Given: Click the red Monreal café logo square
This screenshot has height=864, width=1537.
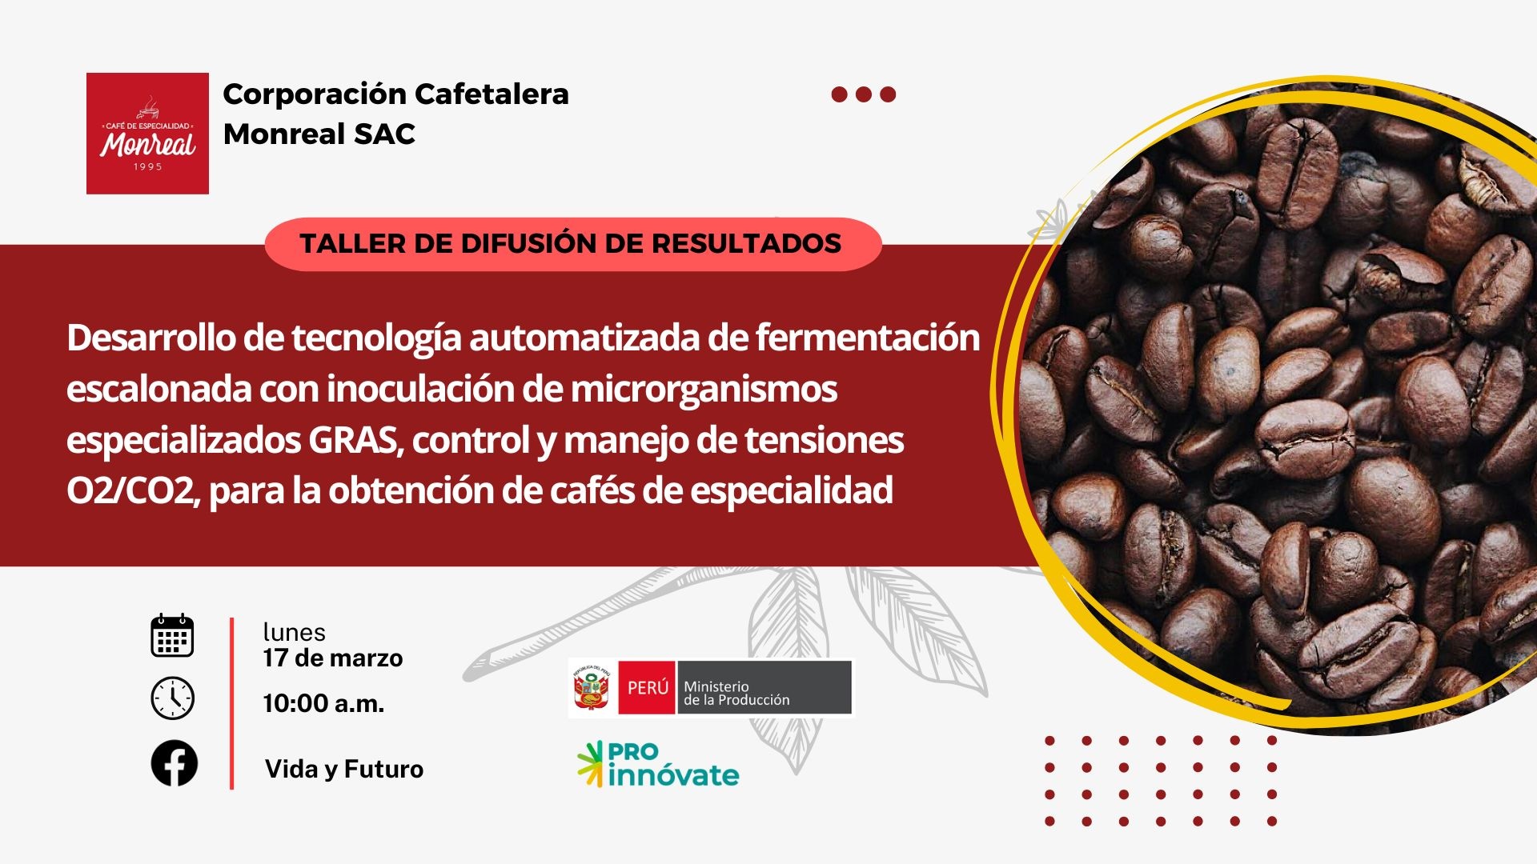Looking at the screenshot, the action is pos(147,134).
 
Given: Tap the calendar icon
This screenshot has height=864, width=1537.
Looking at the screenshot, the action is pos(172,636).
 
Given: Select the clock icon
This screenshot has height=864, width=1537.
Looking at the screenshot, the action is pos(172,698).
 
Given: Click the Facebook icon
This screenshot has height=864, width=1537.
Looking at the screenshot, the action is pos(174,763).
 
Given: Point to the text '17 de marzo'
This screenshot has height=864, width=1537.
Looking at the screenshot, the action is pos(333,658).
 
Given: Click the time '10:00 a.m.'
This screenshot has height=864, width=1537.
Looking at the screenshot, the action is pos(324,703).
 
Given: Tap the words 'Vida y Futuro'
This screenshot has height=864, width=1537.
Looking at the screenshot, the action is pos(344,769).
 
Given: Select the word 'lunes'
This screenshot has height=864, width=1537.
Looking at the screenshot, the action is pos(295,632).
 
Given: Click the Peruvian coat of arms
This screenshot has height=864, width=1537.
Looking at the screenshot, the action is pos(592,688).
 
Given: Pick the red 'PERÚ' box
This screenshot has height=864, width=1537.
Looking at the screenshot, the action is pos(647,688).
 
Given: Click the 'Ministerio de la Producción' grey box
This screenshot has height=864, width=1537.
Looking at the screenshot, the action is pos(764,688).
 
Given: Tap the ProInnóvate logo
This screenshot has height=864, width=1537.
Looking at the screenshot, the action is pos(658,765).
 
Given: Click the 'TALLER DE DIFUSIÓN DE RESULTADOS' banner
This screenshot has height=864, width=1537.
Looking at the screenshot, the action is pos(572,244).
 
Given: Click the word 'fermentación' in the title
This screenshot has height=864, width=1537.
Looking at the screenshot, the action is pos(868,338).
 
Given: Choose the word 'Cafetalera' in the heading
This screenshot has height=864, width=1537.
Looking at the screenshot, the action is pos(492,94).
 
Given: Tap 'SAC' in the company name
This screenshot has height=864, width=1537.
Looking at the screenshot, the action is pos(384,134).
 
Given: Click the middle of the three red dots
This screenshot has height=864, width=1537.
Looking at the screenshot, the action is pos(864,94).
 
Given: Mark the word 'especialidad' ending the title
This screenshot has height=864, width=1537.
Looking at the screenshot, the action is pos(792,491).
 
